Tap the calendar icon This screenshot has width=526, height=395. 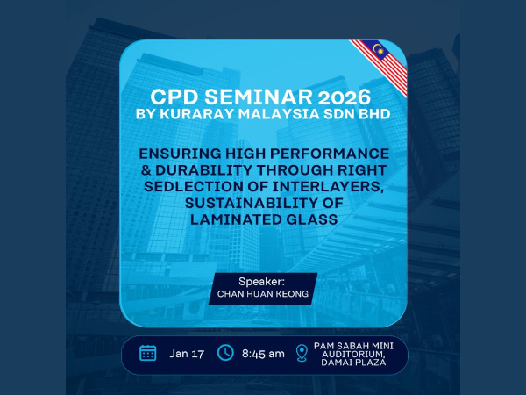[x=147, y=353]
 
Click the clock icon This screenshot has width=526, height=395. [x=225, y=353]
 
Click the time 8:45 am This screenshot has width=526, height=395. [x=264, y=353]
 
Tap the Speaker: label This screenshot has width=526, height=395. [x=264, y=282]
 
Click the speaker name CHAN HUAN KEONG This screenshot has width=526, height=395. [x=264, y=296]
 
